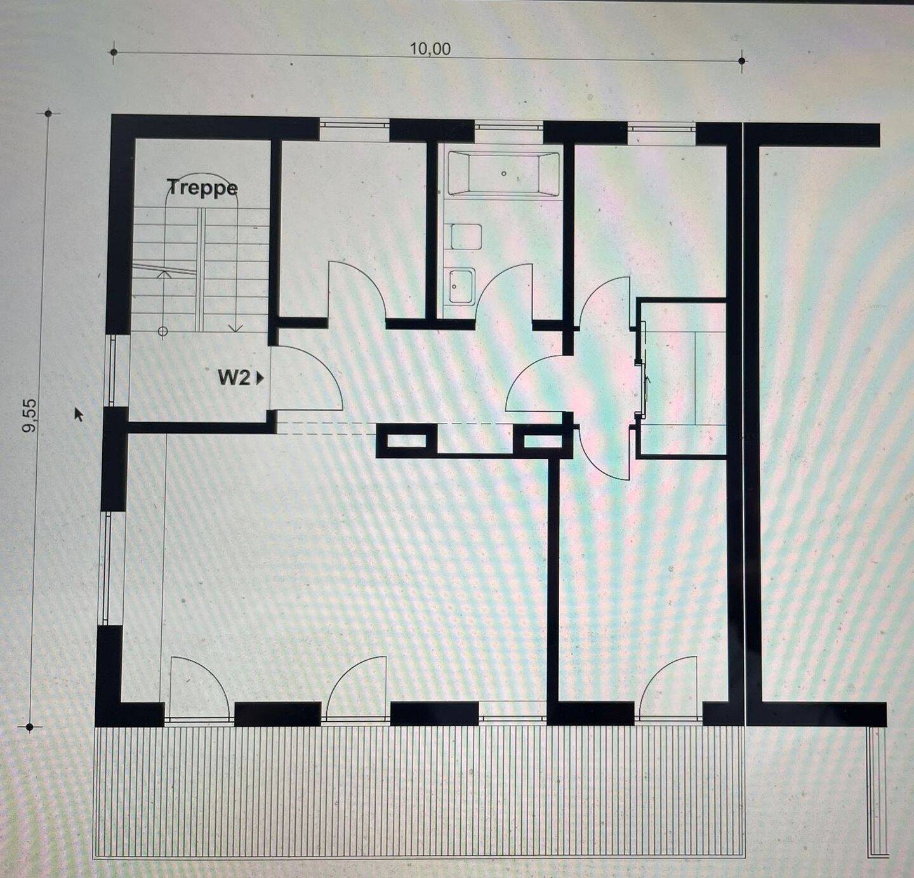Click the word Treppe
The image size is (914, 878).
(202, 188)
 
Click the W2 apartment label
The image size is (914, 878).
(234, 378)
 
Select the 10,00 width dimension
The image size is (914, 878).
(430, 49)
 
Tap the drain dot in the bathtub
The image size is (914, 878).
(504, 173)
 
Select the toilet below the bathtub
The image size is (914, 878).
(467, 236)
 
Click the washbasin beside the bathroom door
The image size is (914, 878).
(461, 286)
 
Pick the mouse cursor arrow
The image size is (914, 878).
(79, 414)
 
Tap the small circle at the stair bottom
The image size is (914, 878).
(163, 331)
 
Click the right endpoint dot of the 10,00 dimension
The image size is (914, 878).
(741, 60)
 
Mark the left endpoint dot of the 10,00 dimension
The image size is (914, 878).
(114, 51)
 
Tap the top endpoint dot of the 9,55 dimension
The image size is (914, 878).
(48, 113)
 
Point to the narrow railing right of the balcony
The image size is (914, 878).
(877, 794)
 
